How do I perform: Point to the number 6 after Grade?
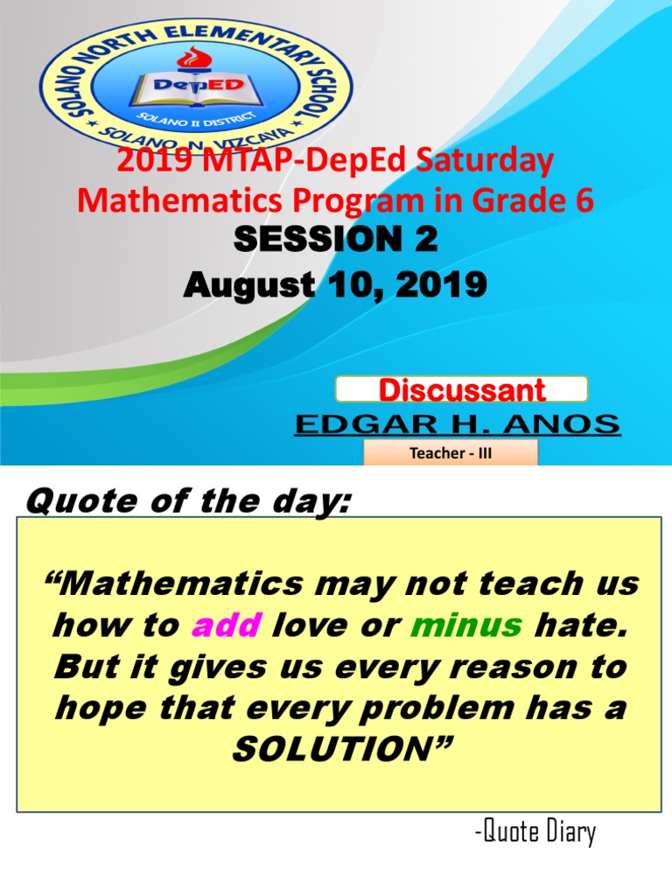(584, 200)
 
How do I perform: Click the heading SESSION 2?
(335, 240)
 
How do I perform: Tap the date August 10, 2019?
(335, 284)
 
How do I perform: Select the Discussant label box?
(461, 389)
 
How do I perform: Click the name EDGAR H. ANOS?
(457, 425)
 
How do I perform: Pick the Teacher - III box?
(450, 452)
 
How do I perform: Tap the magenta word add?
(227, 625)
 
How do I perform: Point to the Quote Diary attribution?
(535, 832)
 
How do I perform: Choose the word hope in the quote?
(93, 707)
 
